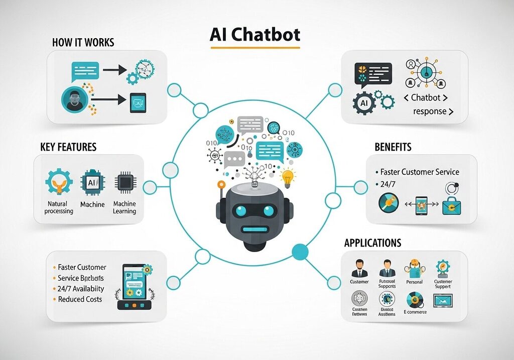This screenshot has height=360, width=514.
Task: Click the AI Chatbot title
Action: tap(255, 35)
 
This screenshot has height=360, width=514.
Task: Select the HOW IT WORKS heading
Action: tap(83, 42)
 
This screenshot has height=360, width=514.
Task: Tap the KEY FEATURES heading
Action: tap(68, 147)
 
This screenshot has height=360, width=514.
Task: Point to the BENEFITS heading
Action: tap(393, 147)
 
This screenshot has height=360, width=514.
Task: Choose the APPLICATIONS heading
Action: tap(372, 243)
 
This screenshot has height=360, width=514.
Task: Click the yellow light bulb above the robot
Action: tap(288, 177)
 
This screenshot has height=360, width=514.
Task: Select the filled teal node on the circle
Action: tap(300, 250)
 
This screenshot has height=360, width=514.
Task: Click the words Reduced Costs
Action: tap(80, 299)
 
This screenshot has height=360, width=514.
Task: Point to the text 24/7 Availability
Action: tap(81, 289)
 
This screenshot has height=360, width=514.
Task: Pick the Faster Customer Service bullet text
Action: tap(420, 172)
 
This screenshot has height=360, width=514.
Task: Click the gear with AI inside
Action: tap(364, 103)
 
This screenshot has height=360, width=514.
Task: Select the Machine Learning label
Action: tap(124, 208)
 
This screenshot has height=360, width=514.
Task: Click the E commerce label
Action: tap(415, 312)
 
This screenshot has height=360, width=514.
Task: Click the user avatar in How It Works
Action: tap(73, 98)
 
